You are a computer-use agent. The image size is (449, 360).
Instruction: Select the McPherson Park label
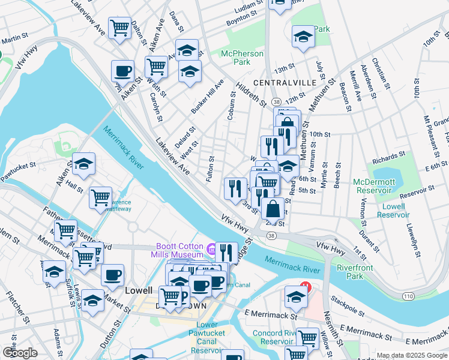click(x=242, y=58)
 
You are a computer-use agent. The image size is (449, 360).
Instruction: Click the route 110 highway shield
click(x=408, y=296)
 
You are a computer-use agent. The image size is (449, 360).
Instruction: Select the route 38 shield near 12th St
click(x=276, y=102)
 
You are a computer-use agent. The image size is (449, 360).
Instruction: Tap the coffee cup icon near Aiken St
click(x=122, y=71)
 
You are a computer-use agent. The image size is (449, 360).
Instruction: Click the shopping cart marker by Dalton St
click(x=120, y=28)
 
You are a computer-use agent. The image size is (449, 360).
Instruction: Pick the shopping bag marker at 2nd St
click(x=273, y=209)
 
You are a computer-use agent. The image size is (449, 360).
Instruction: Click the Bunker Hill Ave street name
click(x=206, y=96)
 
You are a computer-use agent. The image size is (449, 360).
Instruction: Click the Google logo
click(x=20, y=353)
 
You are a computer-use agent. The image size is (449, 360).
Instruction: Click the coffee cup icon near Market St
click(x=112, y=275)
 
